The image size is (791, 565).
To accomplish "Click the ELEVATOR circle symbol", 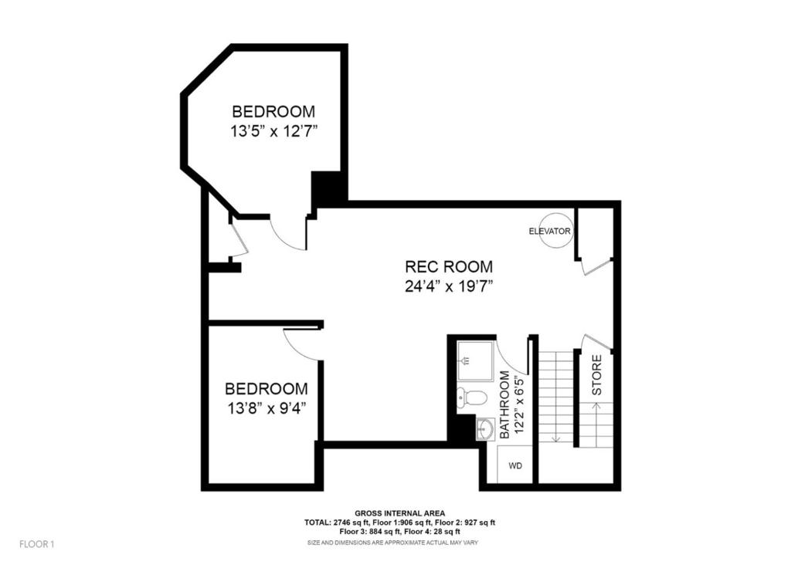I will point(557,231).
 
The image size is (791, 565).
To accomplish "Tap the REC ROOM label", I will point(449,267).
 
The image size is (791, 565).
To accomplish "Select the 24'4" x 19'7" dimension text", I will point(449,286).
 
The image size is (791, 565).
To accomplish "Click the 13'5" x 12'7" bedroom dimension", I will point(274,131).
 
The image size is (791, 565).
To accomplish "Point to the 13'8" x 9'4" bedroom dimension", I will point(266,409).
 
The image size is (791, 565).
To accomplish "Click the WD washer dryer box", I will point(515,465).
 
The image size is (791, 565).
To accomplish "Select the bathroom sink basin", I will point(485,428).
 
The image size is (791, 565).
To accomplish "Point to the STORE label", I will point(597,375).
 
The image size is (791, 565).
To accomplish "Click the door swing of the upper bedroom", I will point(289,234).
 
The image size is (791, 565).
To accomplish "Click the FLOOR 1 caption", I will point(37,543).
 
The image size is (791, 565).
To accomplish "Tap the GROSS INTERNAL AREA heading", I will point(399,513).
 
